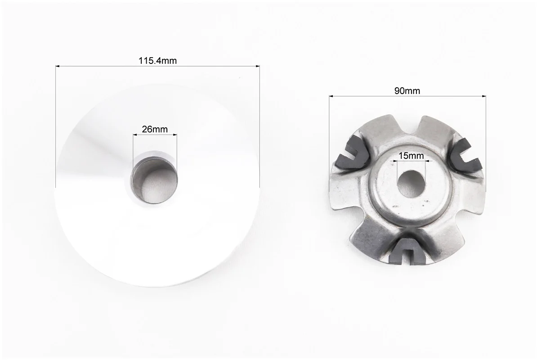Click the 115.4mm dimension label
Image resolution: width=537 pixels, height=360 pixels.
[x=157, y=61]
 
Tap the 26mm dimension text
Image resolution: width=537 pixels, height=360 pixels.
[x=155, y=129]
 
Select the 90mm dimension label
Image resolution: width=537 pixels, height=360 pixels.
[x=407, y=91]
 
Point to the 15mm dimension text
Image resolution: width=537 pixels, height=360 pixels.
[x=412, y=156]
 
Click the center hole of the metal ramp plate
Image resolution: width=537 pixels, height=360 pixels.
[x=411, y=184]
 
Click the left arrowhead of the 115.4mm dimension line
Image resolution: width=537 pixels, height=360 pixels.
[x=58, y=66]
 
